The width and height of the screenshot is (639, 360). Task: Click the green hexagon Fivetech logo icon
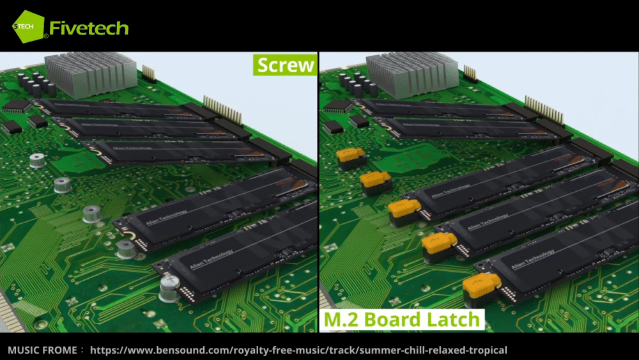click(x=28, y=27)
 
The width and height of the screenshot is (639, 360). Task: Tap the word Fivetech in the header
click(x=89, y=28)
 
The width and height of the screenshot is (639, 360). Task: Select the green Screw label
click(x=285, y=65)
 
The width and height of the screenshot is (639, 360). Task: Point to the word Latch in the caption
click(x=452, y=318)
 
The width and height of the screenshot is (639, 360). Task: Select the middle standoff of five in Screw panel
click(x=92, y=214)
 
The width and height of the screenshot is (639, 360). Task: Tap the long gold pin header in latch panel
click(x=544, y=109)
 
